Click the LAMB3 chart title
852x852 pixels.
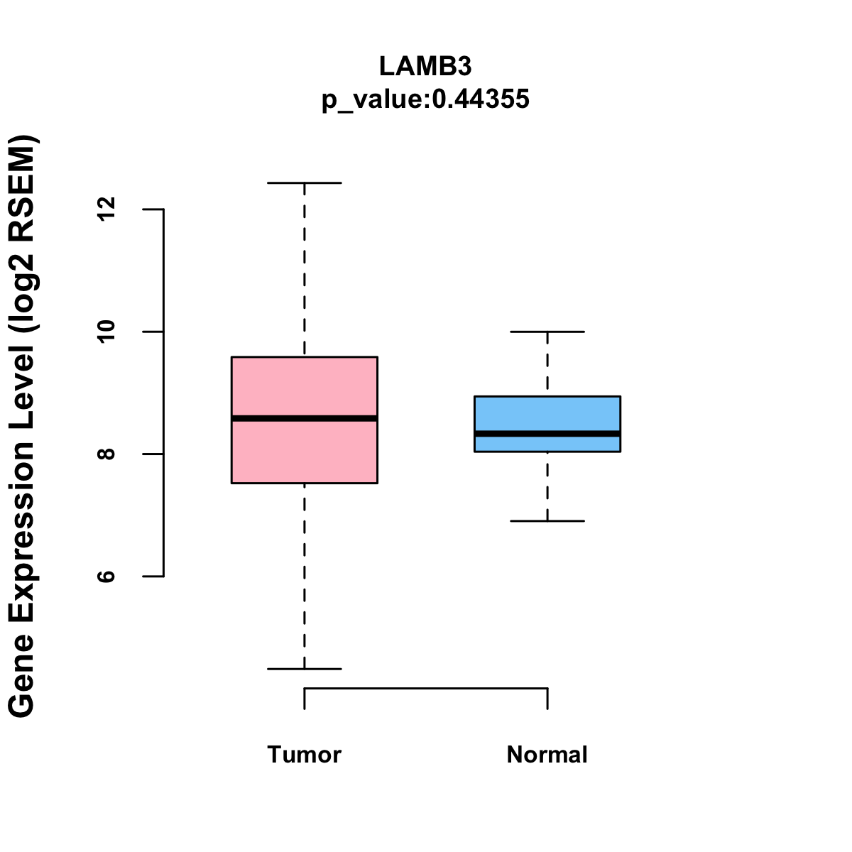click(425, 66)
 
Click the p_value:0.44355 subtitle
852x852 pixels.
click(425, 99)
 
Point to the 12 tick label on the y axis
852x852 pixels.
click(106, 209)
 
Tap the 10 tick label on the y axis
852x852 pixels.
click(106, 332)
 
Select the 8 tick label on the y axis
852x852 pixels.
click(106, 454)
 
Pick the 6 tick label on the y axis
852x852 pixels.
click(106, 576)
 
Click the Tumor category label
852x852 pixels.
click(304, 754)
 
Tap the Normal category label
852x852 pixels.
click(547, 754)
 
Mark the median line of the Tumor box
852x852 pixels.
click(304, 418)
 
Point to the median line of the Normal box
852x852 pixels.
click(547, 433)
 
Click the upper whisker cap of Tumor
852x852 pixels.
click(304, 183)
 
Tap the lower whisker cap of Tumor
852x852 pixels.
click(304, 669)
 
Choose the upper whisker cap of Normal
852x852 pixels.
click(547, 332)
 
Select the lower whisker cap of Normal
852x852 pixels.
click(547, 521)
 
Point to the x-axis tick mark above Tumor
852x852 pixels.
click(305, 699)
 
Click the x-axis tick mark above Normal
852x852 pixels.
click(547, 699)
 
